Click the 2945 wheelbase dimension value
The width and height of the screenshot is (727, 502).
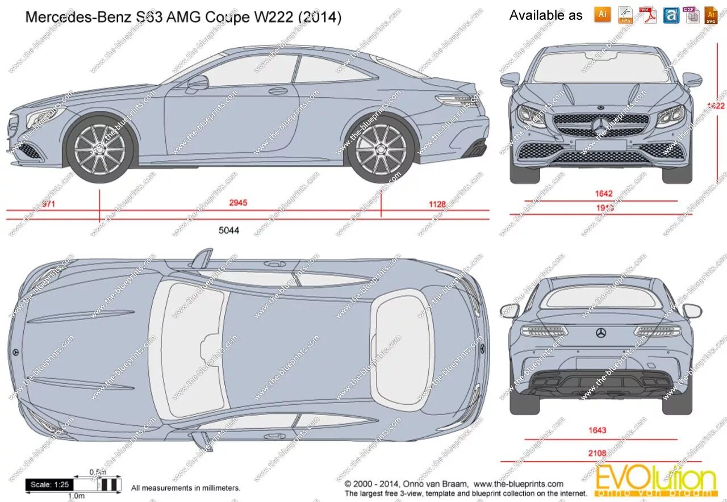pyautogui.click(x=238, y=203)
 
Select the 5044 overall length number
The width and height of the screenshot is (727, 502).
pyautogui.click(x=229, y=231)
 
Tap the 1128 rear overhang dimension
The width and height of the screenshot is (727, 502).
pyautogui.click(x=437, y=204)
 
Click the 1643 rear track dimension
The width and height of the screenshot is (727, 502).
pyautogui.click(x=598, y=430)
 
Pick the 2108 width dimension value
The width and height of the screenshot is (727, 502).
pyautogui.click(x=598, y=453)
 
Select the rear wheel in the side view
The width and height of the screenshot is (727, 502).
pyautogui.click(x=381, y=148)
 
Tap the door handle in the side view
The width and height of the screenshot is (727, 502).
pyautogui.click(x=278, y=91)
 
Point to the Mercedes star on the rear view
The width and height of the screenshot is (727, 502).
pyautogui.click(x=601, y=332)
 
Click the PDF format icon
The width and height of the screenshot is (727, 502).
pyautogui.click(x=647, y=15)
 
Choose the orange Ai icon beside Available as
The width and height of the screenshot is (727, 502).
pyautogui.click(x=603, y=15)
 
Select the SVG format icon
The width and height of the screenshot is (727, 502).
pyautogui.click(x=711, y=15)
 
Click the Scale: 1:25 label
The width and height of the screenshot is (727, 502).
pyautogui.click(x=50, y=484)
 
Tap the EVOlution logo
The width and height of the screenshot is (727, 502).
pyautogui.click(x=656, y=480)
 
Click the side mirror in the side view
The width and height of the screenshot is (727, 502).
pyautogui.click(x=197, y=83)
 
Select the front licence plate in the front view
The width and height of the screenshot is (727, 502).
pyautogui.click(x=601, y=145)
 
